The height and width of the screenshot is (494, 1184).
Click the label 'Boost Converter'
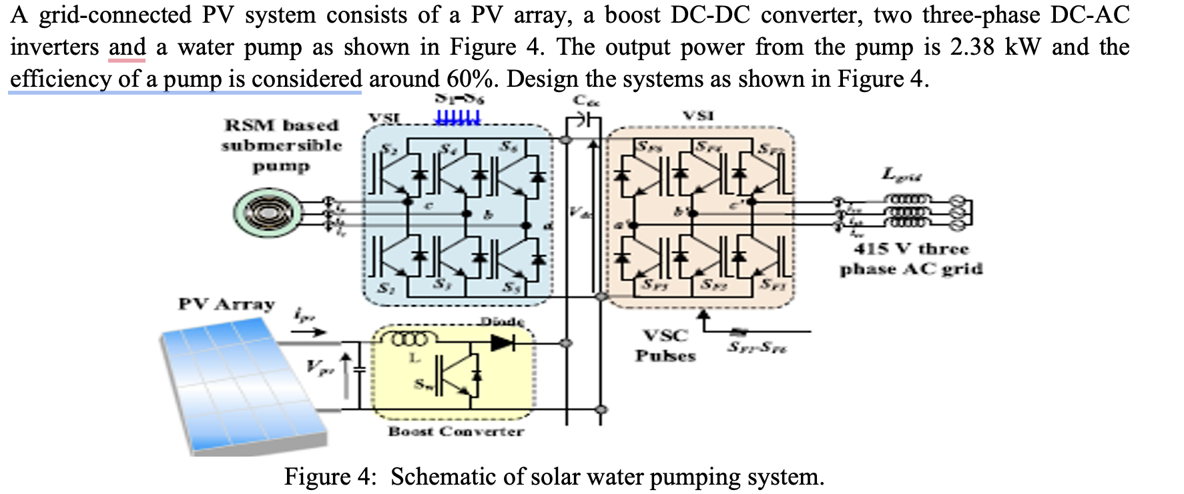456,431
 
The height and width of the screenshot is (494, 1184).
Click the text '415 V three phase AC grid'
910,259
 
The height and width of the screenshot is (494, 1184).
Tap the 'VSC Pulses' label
665,345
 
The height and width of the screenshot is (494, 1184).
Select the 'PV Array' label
226,304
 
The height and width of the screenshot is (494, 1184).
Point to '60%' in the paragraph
471,79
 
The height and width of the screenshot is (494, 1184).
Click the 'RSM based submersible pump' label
282,145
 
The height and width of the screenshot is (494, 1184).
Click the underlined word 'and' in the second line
127,47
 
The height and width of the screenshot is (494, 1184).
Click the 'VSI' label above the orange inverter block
698,115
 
